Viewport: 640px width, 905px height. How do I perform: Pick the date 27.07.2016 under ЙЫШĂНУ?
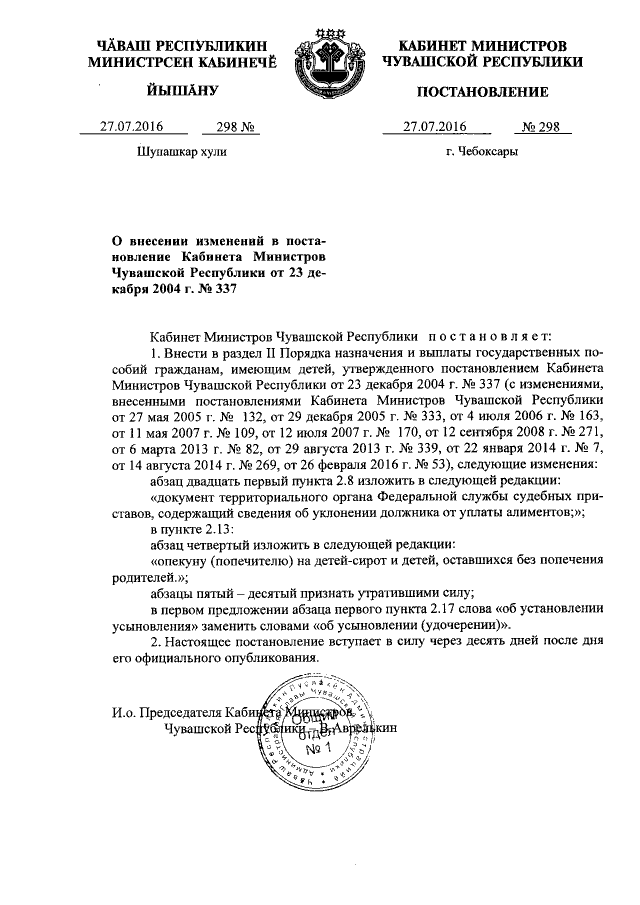click(131, 127)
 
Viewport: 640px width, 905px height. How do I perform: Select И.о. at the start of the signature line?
click(120, 712)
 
